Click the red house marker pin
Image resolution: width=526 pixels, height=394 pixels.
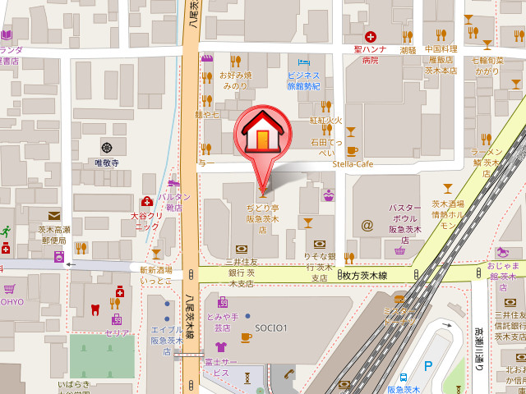coord(261,132)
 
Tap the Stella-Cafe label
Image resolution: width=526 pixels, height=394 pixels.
coord(353,164)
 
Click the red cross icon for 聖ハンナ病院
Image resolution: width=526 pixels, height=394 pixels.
coord(371,37)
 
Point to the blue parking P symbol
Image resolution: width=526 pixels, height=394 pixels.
coord(427,365)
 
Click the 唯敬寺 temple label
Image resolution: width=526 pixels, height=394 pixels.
coord(107,163)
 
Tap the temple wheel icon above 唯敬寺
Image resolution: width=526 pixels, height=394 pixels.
coord(107,148)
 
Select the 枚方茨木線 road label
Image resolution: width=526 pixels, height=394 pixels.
coord(365,276)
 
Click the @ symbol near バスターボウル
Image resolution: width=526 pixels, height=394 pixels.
coord(367,224)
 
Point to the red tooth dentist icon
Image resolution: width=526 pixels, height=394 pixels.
coord(94,309)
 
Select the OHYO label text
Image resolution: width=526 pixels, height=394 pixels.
coord(12,301)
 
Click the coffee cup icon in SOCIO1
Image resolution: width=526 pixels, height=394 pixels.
coord(246,337)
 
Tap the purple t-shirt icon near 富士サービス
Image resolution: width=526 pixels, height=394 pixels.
coord(220,347)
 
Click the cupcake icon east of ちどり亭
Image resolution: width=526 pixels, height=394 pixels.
coord(329,195)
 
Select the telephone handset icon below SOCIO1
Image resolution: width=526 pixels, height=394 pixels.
coord(288,373)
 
